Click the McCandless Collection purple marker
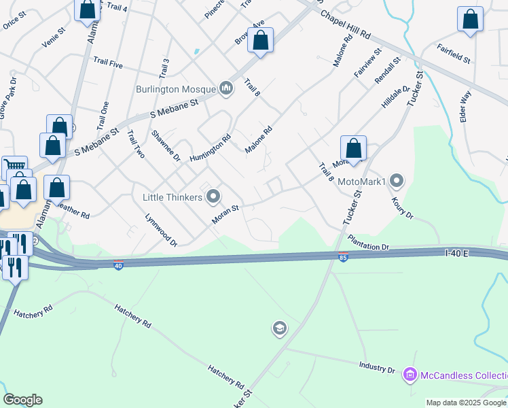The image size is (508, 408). point(410,375)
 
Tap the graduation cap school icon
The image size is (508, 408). point(278,329)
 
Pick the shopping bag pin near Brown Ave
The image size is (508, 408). point(260,41)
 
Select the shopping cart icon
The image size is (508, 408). point(14,166)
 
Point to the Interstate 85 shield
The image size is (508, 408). point(343,257)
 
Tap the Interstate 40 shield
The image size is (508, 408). point(118,266)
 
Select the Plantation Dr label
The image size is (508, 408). point(367,242)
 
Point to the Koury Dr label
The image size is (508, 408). point(402,207)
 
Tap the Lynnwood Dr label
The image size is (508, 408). point(161,230)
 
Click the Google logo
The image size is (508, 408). point(22,400)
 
